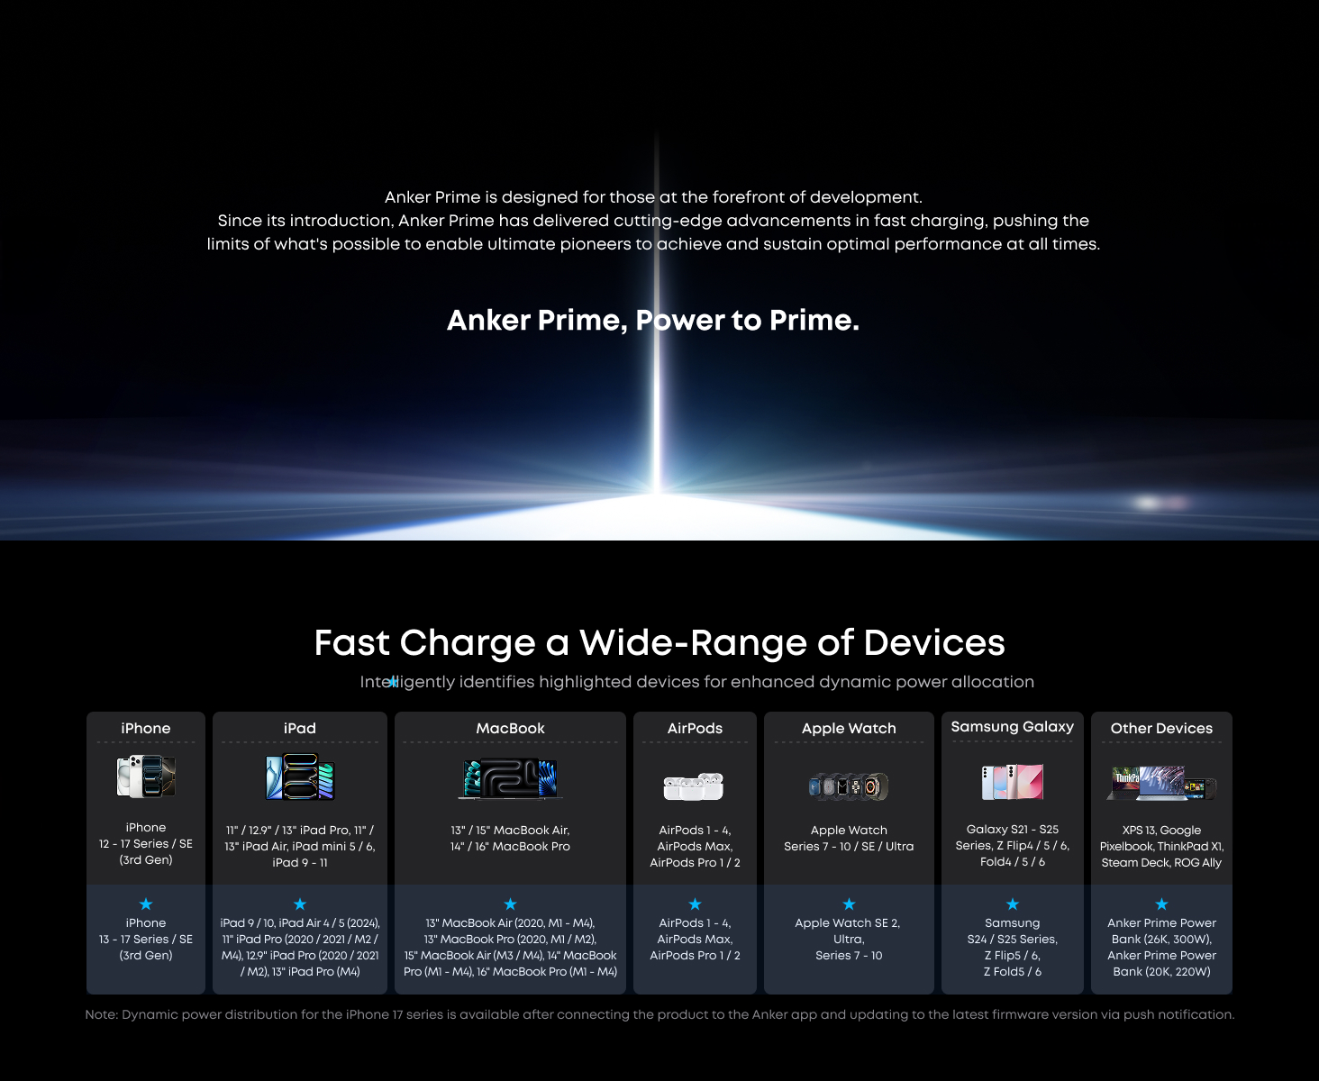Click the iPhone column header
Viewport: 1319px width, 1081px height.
click(x=146, y=728)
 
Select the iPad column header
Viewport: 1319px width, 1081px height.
click(x=300, y=728)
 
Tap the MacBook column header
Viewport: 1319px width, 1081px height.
click(x=510, y=728)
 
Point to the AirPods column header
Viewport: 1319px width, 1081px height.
click(x=695, y=728)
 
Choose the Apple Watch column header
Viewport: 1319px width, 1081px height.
click(x=849, y=728)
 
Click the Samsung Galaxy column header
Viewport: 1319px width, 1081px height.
click(x=1012, y=726)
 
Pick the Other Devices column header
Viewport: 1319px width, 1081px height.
click(x=1161, y=728)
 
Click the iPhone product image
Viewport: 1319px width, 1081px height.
click(x=146, y=777)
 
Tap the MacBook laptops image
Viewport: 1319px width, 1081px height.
click(x=510, y=779)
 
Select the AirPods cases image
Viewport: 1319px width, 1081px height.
click(x=694, y=786)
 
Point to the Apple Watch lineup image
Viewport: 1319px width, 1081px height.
click(x=849, y=786)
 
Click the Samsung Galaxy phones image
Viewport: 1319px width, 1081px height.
click(x=1012, y=782)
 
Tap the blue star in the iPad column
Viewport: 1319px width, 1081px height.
click(x=300, y=904)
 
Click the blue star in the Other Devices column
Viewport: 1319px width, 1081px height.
click(x=1161, y=904)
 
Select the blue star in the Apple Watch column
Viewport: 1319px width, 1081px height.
click(x=849, y=904)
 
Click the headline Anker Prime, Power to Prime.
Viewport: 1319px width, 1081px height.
click(x=653, y=320)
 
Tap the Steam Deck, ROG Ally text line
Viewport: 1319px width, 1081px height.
click(x=1161, y=862)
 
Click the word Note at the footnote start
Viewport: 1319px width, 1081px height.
click(x=100, y=1014)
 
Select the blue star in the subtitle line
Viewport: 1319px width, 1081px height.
click(x=393, y=682)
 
